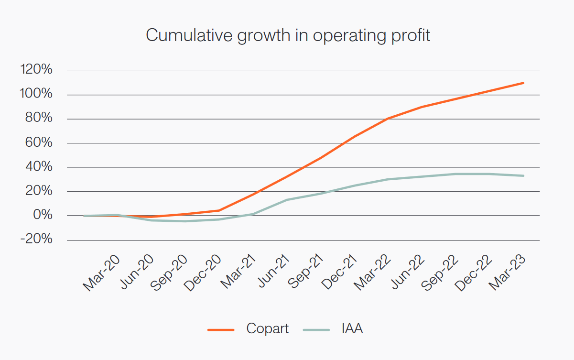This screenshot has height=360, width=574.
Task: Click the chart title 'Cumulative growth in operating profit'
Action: pyautogui.click(x=288, y=36)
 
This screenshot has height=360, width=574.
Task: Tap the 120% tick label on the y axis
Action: pyautogui.click(x=36, y=70)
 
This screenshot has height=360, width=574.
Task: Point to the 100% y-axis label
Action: pyautogui.click(x=36, y=94)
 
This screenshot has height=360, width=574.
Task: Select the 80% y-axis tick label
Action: pyautogui.click(x=39, y=119)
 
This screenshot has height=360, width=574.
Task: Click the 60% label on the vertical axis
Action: pyautogui.click(x=39, y=143)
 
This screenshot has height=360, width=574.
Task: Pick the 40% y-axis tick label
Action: pyautogui.click(x=39, y=167)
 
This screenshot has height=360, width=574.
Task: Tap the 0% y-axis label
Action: pyautogui.click(x=42, y=215)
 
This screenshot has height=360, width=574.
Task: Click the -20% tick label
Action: pyautogui.click(x=36, y=240)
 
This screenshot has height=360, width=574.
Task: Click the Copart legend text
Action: pyautogui.click(x=267, y=329)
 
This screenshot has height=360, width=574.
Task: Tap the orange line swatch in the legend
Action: pyautogui.click(x=220, y=329)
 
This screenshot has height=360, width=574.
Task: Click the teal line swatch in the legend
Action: pyautogui.click(x=316, y=329)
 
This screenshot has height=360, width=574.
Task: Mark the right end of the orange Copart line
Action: pyautogui.click(x=524, y=83)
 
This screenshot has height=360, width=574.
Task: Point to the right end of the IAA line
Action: pyautogui.click(x=524, y=175)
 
